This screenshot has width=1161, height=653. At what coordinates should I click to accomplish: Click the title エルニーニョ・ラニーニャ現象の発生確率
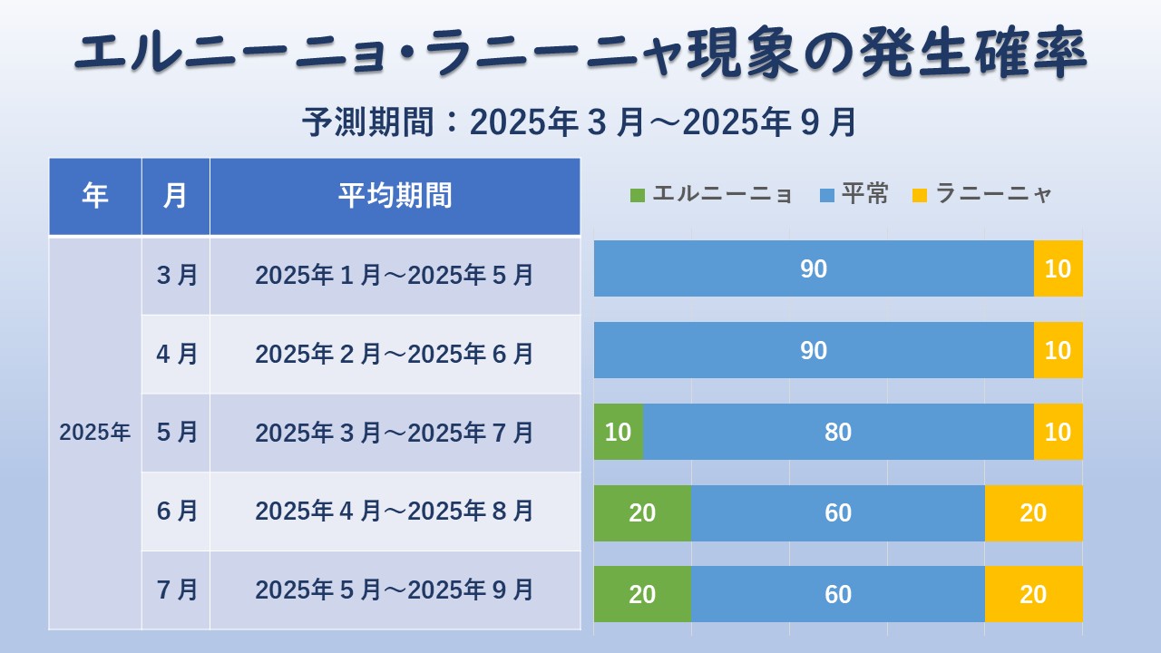(580, 54)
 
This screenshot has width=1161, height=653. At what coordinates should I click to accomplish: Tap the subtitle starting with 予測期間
(580, 122)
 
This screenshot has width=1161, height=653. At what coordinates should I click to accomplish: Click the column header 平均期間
(395, 196)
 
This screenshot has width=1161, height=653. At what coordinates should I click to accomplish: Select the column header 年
(94, 196)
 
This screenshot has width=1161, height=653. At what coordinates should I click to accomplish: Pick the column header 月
(175, 196)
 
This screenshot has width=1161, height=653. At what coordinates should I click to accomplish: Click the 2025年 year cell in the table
(94, 433)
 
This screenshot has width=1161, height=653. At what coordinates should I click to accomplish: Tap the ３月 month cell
(175, 275)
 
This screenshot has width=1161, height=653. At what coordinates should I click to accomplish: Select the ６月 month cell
(175, 512)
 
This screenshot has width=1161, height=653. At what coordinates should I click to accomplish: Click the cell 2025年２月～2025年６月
(395, 354)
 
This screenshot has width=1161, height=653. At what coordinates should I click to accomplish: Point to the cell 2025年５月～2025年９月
(395, 590)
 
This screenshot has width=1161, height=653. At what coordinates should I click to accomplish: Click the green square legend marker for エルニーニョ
(637, 194)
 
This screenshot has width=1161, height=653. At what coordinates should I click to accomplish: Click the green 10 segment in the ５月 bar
(618, 432)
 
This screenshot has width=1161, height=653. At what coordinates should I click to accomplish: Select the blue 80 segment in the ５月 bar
(838, 432)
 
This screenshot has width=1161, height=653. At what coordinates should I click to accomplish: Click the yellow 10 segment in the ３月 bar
(1058, 268)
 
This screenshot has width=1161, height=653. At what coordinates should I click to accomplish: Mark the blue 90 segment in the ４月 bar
(814, 350)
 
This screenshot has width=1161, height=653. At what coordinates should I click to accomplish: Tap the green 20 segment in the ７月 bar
(642, 594)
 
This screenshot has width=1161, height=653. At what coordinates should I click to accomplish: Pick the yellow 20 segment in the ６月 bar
(1033, 513)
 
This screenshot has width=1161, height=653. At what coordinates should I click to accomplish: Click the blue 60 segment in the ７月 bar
(838, 594)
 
